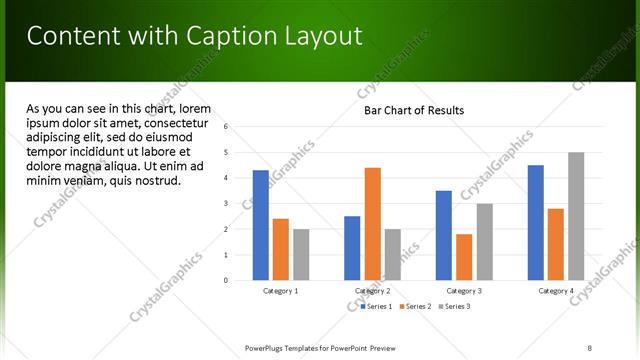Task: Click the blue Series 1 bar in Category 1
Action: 260,225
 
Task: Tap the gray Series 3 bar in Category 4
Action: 576,216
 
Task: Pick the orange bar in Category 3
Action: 464,257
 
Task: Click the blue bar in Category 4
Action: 535,222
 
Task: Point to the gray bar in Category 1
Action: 301,254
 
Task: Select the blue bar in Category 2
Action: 352,248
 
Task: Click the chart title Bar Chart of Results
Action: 413,110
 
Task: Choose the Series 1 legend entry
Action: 375,305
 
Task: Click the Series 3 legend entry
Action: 456,305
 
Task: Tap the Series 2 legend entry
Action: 415,305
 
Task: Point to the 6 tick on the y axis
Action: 227,126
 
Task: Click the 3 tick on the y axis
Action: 227,203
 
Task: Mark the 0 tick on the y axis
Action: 227,280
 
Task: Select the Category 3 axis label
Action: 464,290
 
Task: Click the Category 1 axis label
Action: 280,290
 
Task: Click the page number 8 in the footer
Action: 589,348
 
